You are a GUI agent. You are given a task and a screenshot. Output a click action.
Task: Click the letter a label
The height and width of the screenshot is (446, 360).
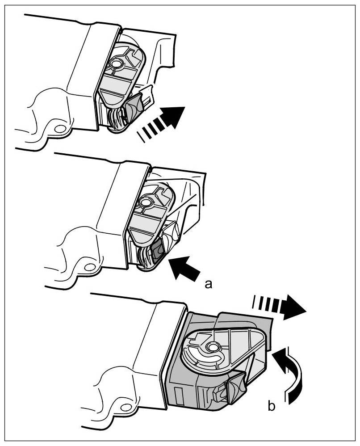coord(207,283)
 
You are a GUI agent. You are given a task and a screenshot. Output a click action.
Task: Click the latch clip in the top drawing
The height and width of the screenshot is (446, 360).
coord(134,107)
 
